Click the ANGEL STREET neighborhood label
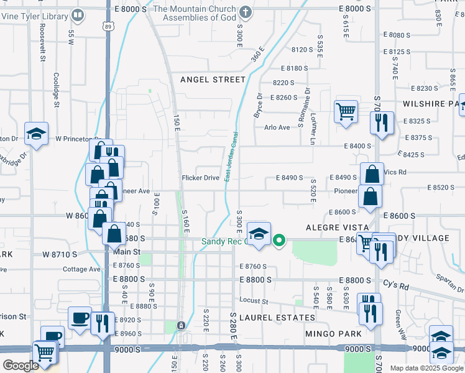[213, 80]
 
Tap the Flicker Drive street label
[200, 178]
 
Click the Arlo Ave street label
[277, 127]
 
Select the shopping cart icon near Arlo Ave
[346, 112]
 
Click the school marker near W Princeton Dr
[37, 133]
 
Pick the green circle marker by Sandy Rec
[280, 239]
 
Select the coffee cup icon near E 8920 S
[79, 318]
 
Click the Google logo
[20, 366]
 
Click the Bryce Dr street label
[259, 106]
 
